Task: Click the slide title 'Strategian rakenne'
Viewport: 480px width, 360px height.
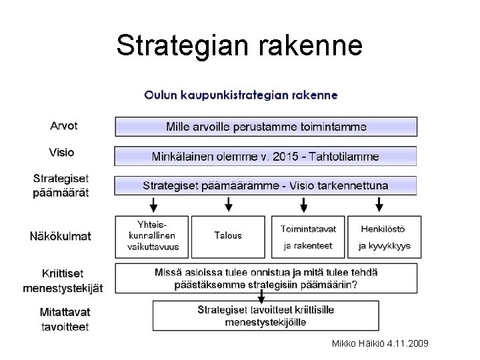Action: click(x=239, y=45)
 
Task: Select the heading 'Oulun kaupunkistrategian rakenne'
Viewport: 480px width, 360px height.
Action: click(x=241, y=95)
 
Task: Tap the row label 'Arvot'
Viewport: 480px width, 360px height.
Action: click(x=64, y=125)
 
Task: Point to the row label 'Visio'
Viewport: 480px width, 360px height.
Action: click(x=61, y=152)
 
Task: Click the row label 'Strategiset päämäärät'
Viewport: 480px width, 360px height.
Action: click(x=61, y=185)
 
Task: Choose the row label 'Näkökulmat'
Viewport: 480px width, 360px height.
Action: click(x=60, y=235)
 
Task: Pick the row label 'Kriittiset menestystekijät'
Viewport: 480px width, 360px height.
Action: click(x=63, y=281)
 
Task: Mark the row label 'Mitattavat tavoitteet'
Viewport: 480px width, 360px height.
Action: click(x=65, y=319)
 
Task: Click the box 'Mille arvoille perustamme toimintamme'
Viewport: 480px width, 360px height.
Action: click(x=266, y=127)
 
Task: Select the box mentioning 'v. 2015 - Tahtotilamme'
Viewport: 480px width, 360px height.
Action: click(x=266, y=157)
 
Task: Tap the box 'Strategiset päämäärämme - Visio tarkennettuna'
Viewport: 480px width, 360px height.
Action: click(x=266, y=185)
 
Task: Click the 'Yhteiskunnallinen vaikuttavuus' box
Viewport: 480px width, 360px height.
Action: click(x=151, y=236)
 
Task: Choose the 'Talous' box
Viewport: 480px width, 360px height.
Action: click(x=228, y=236)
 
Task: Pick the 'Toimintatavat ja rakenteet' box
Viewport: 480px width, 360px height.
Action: click(x=308, y=236)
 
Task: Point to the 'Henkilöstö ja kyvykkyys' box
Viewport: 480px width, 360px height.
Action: click(x=385, y=236)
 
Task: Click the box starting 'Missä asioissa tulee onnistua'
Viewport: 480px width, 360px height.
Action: click(x=266, y=278)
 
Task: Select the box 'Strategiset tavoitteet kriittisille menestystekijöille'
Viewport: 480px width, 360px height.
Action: click(x=266, y=316)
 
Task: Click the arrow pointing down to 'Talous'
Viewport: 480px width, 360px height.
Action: click(x=229, y=204)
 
